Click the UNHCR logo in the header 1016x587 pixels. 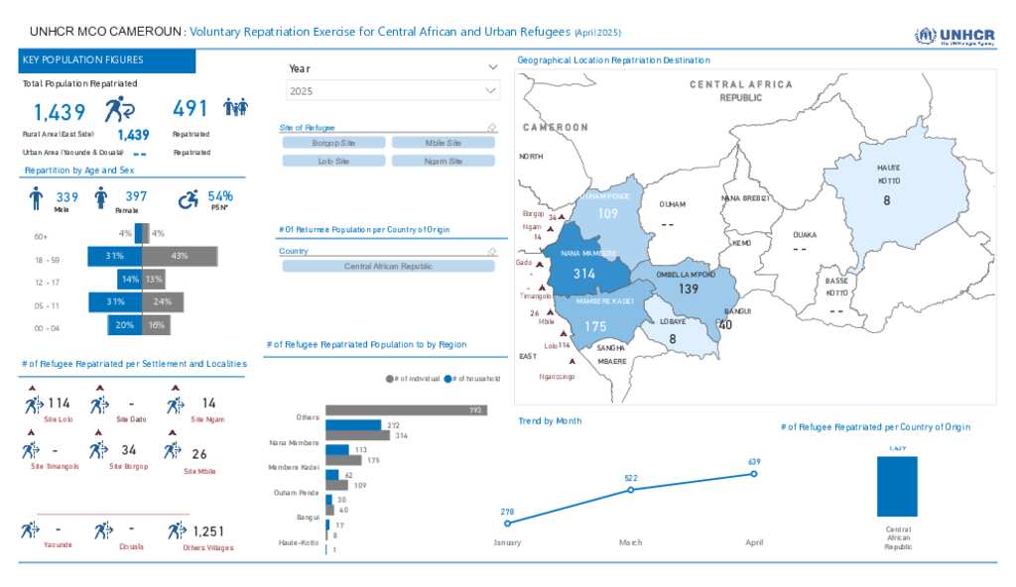click(x=954, y=37)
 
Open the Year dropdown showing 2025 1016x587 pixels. click(x=393, y=91)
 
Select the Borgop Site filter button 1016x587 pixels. click(x=333, y=143)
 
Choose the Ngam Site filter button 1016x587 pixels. click(x=443, y=161)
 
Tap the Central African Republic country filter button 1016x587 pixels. click(x=388, y=267)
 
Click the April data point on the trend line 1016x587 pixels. click(x=754, y=474)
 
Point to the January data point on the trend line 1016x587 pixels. click(x=507, y=523)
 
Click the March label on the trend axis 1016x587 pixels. click(x=630, y=542)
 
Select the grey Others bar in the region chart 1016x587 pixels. click(x=406, y=410)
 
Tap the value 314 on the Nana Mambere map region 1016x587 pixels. click(x=584, y=274)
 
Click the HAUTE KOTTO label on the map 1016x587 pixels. click(x=888, y=175)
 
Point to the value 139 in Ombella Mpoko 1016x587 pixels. click(x=689, y=289)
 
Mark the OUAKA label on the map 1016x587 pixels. click(x=804, y=235)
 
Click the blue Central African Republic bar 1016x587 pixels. click(x=897, y=486)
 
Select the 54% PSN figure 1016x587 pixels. click(x=220, y=196)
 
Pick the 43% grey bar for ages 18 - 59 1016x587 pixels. click(x=180, y=256)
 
